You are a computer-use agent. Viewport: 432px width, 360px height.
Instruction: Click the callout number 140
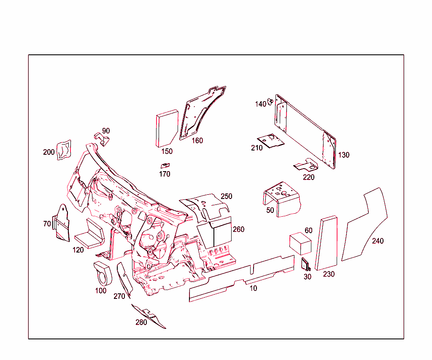tap(260, 104)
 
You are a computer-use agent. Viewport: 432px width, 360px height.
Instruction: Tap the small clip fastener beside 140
tap(271, 102)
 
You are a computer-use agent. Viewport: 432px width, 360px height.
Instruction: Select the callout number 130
tap(344, 155)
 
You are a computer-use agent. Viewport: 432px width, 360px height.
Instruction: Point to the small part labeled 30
tap(305, 264)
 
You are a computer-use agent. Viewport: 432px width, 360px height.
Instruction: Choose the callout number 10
tap(253, 288)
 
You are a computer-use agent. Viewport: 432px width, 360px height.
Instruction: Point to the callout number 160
tap(197, 141)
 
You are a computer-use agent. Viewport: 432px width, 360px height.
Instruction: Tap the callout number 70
tap(47, 224)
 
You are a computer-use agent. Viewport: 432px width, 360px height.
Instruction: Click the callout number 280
tap(141, 322)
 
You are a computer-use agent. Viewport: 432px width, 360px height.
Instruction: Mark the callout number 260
tap(238, 230)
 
